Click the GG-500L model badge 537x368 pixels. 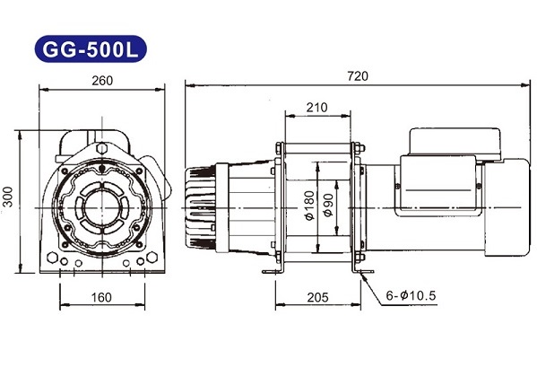pyautogui.click(x=91, y=49)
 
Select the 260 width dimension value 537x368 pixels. pyautogui.click(x=102, y=81)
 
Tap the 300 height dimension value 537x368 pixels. pyautogui.click(x=7, y=197)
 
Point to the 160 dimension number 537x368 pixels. pyautogui.click(x=101, y=297)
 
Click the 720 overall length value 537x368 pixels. pyautogui.click(x=358, y=75)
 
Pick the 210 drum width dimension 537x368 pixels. pyautogui.click(x=316, y=108)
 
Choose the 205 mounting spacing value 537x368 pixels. pyautogui.click(x=317, y=297)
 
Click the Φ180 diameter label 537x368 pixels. pyautogui.click(x=309, y=206)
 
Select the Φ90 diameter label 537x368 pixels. pyautogui.click(x=328, y=205)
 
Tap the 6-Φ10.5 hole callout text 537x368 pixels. pyautogui.click(x=411, y=295)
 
